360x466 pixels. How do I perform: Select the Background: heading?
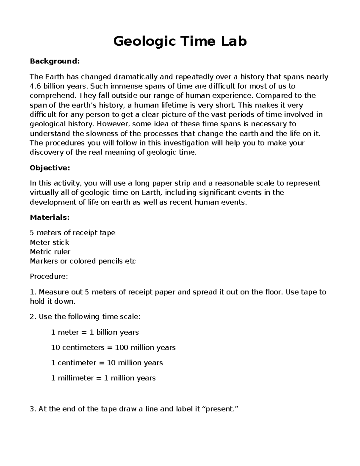(55, 61)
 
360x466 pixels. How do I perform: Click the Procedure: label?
(49, 276)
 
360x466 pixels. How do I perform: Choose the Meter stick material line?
(49, 242)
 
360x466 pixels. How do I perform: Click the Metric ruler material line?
(50, 251)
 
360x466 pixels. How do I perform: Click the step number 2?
(33, 317)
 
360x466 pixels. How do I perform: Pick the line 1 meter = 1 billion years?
(95, 332)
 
